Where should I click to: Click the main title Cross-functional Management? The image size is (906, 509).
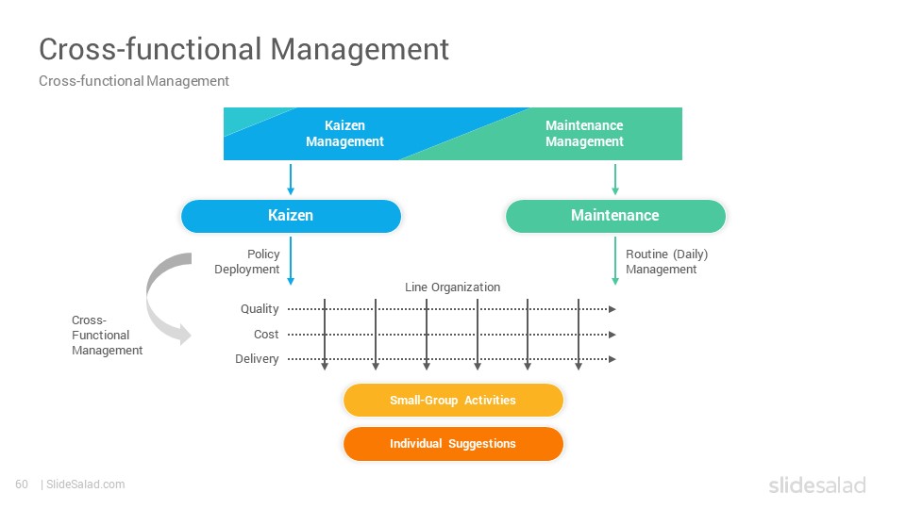pyautogui.click(x=243, y=50)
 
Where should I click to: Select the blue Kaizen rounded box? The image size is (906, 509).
pyautogui.click(x=291, y=216)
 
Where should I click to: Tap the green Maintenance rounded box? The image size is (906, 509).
pyautogui.click(x=615, y=216)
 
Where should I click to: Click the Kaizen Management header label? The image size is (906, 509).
pyautogui.click(x=344, y=133)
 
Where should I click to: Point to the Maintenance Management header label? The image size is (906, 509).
pyautogui.click(x=584, y=133)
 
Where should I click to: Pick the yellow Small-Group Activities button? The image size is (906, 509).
pyautogui.click(x=453, y=400)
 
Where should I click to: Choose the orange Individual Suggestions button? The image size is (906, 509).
pyautogui.click(x=453, y=444)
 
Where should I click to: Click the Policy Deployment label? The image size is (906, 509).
pyautogui.click(x=246, y=261)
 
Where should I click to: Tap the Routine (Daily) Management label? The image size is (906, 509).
pyautogui.click(x=667, y=261)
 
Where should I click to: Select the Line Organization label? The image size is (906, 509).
pyautogui.click(x=452, y=287)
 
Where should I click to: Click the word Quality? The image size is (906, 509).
pyautogui.click(x=260, y=309)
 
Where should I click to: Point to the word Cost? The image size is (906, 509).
pyautogui.click(x=266, y=334)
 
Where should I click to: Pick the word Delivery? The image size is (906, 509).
pyautogui.click(x=257, y=359)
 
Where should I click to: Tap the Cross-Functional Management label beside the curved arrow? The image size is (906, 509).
pyautogui.click(x=107, y=335)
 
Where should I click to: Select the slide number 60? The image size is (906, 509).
pyautogui.click(x=22, y=484)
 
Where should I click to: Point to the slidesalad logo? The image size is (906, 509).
pyautogui.click(x=817, y=484)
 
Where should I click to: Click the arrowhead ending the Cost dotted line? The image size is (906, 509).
pyautogui.click(x=612, y=334)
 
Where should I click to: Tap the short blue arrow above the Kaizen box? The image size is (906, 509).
pyautogui.click(x=291, y=179)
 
